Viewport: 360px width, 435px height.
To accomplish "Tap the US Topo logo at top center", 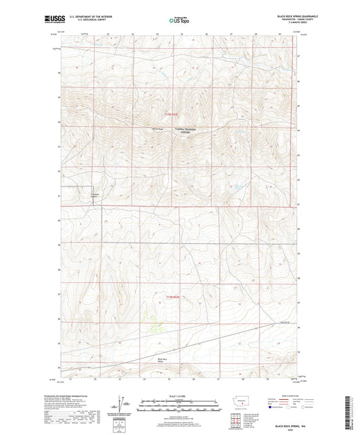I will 179,20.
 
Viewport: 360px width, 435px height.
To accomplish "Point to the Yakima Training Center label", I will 180,132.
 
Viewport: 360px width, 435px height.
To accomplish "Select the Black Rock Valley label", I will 160,361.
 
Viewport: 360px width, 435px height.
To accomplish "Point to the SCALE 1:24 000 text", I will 179,396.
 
